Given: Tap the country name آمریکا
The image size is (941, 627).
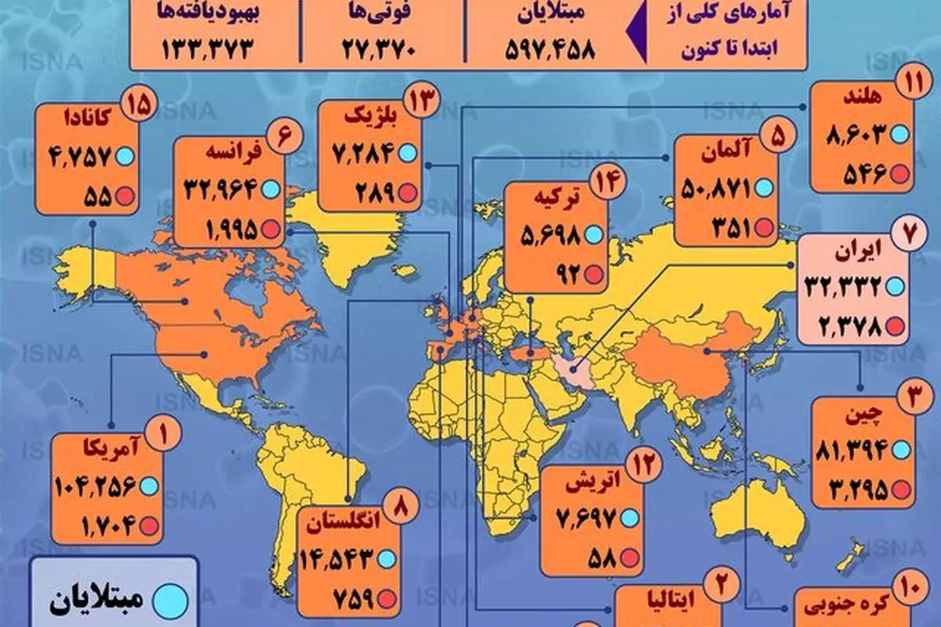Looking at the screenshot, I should (x=103, y=449).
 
